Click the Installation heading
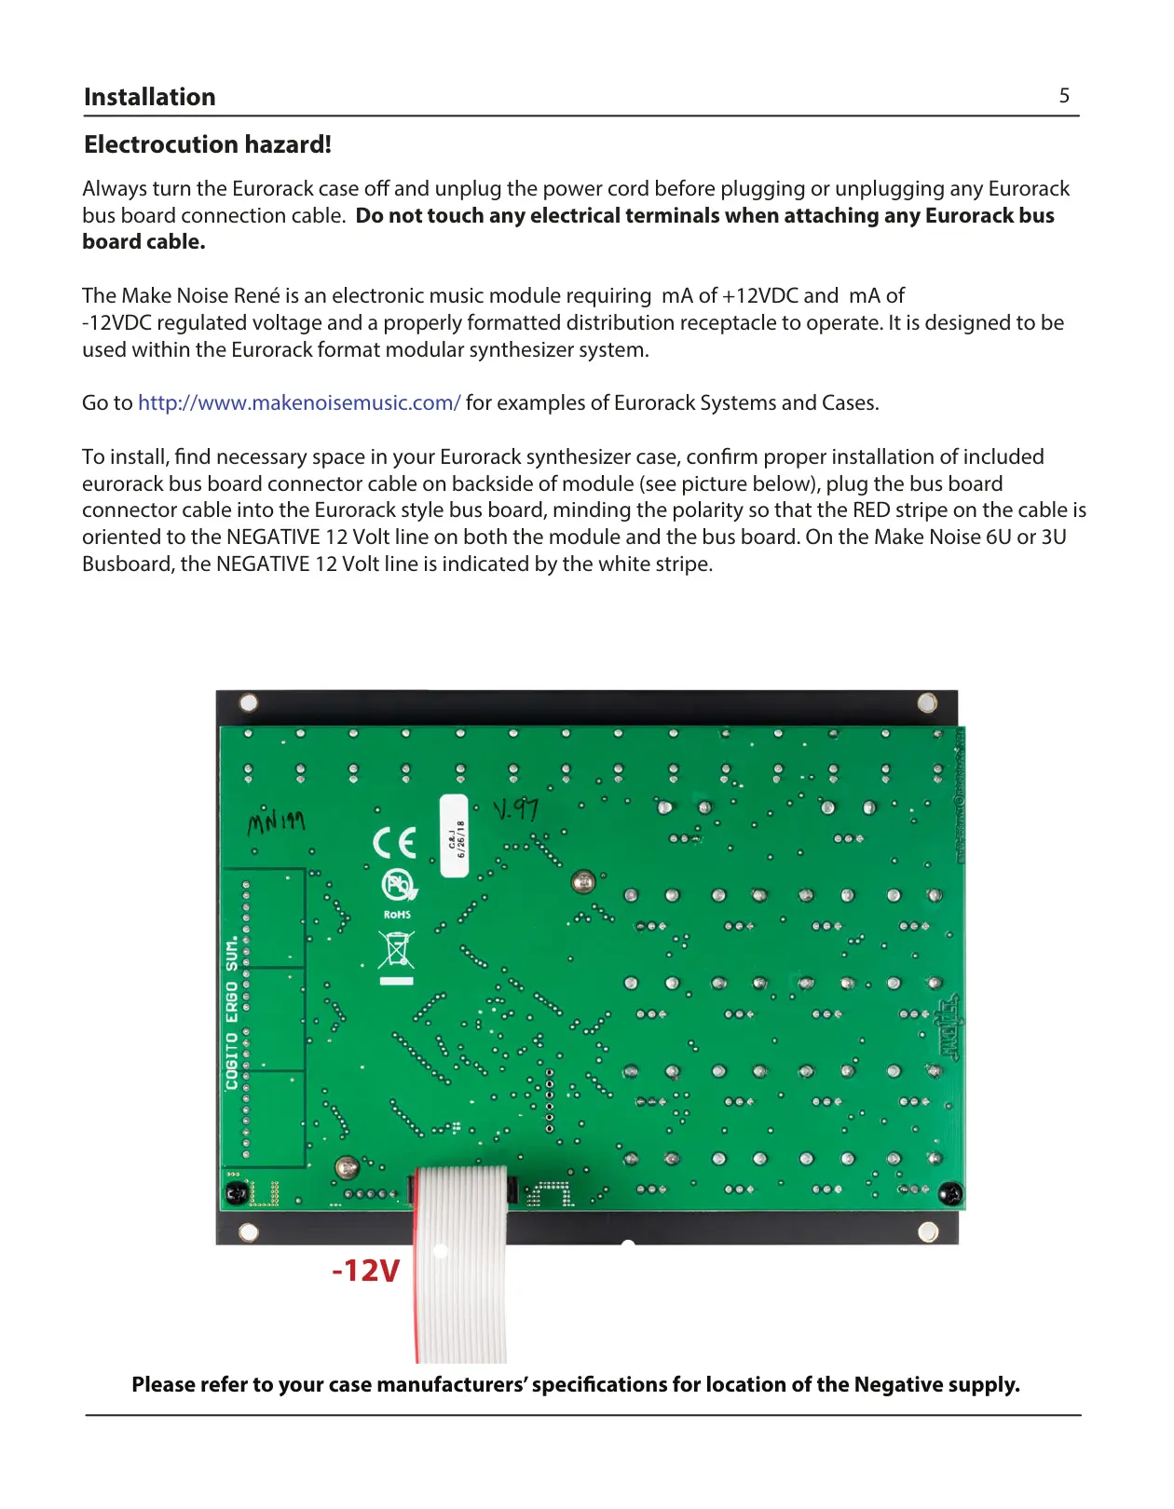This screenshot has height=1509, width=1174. pyautogui.click(x=149, y=97)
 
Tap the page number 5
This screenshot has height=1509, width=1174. pyautogui.click(x=1064, y=96)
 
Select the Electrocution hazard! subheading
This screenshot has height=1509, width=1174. pyautogui.click(x=207, y=144)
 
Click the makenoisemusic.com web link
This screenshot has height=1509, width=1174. pyautogui.click(x=299, y=402)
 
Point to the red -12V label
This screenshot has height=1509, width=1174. pyautogui.click(x=366, y=1271)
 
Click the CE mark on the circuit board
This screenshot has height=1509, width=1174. pyautogui.click(x=394, y=843)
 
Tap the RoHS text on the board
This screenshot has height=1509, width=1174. pyautogui.click(x=397, y=915)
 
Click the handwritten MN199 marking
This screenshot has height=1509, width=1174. pyautogui.click(x=276, y=822)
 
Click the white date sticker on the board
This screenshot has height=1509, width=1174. pyautogui.click(x=454, y=836)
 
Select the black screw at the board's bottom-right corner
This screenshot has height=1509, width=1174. pyautogui.click(x=949, y=1192)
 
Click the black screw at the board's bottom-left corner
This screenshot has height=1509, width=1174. pyautogui.click(x=236, y=1193)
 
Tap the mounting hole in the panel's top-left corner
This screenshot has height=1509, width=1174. pyautogui.click(x=249, y=702)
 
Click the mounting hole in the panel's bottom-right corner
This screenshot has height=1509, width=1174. pyautogui.click(x=927, y=1232)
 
